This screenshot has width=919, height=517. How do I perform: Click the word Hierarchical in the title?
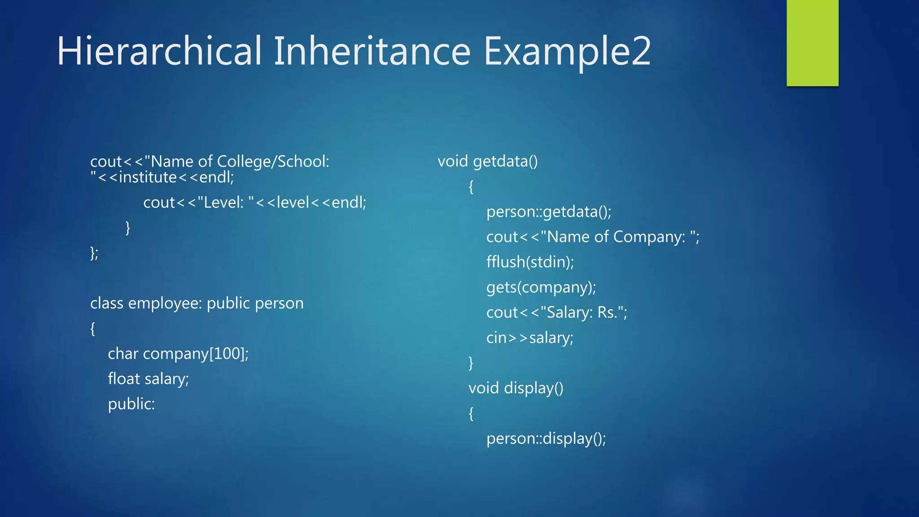159,51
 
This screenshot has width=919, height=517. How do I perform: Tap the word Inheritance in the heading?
372,51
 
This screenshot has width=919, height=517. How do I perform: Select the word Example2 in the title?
567,51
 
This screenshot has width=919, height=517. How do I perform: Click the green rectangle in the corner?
812,43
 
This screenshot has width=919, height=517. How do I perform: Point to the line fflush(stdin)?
530,262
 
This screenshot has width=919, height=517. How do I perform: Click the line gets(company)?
541,287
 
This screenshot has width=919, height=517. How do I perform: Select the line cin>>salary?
530,337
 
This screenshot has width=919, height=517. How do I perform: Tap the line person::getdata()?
548,211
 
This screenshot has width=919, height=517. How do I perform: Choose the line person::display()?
546,438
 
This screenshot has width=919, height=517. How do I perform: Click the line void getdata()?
487,161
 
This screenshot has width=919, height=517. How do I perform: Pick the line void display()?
516,388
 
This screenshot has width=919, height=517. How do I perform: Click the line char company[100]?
178,354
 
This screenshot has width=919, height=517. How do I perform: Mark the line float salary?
148,379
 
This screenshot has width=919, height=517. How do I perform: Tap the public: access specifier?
131,404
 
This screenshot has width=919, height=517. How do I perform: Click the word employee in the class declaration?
165,303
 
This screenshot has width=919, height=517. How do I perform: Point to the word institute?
148,177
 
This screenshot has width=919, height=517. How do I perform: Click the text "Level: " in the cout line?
226,202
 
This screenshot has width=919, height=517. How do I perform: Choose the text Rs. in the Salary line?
608,312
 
